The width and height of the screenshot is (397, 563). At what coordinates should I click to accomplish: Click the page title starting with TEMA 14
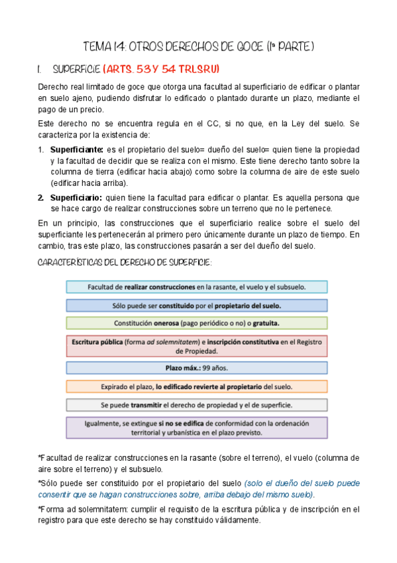pos(198,47)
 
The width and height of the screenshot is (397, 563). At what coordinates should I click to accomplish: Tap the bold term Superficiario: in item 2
pos(76,197)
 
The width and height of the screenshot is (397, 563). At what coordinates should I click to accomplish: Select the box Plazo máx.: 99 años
pos(196,367)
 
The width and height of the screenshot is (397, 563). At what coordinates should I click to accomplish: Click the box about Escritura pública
pos(196,347)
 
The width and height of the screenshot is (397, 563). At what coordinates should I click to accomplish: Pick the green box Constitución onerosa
pos(196,323)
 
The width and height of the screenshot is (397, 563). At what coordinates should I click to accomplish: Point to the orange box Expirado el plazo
pos(196,386)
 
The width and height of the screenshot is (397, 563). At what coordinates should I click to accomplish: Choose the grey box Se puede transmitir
pos(196,404)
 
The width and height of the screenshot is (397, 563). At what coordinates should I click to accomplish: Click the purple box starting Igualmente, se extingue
pos(196,427)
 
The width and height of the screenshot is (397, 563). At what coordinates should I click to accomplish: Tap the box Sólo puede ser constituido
pos(196,305)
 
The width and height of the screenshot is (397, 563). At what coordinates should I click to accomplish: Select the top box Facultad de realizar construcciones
pos(196,287)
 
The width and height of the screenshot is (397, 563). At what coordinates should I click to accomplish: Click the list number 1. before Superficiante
pos(41,149)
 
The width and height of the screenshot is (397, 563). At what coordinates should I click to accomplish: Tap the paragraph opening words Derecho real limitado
pos(77,87)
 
